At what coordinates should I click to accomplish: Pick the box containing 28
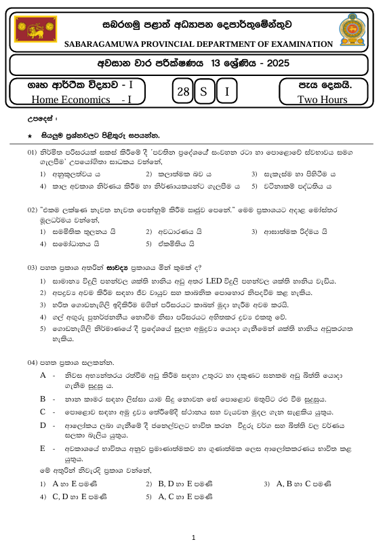pyautogui.click(x=181, y=92)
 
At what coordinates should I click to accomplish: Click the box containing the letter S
pyautogui.click(x=203, y=92)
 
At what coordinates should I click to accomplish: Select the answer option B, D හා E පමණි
pyautogui.click(x=186, y=484)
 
